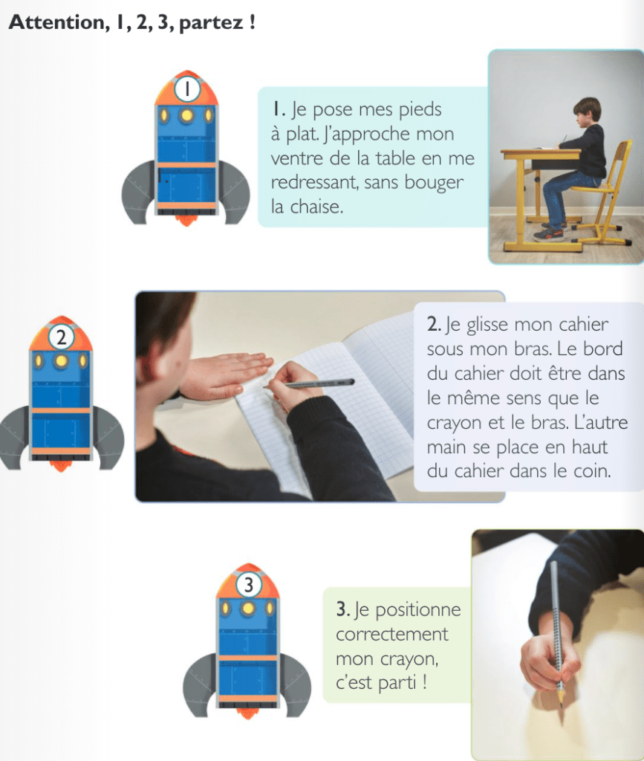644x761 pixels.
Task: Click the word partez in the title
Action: click(210, 23)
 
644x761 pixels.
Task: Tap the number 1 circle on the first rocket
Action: click(187, 89)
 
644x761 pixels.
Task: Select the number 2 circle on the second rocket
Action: click(61, 337)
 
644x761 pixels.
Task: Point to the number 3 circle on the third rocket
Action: click(248, 584)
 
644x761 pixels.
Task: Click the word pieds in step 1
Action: click(420, 110)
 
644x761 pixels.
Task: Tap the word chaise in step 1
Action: click(316, 207)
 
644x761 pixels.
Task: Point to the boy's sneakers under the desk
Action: click(550, 232)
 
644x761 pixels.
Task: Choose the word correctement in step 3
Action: click(392, 635)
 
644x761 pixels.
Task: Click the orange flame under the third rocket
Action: click(248, 713)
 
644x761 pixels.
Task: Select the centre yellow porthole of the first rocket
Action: click(186, 115)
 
